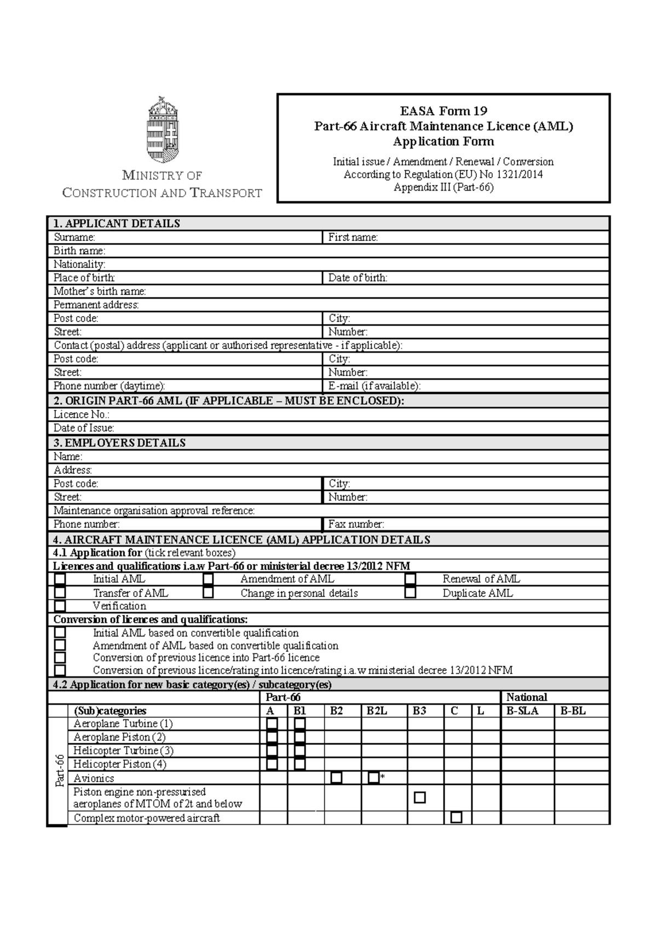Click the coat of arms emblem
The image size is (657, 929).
click(x=162, y=129)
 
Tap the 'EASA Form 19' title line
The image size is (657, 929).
click(x=443, y=111)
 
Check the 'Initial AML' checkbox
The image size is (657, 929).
click(x=60, y=579)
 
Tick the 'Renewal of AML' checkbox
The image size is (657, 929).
click(x=410, y=579)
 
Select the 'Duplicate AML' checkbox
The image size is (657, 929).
click(x=410, y=593)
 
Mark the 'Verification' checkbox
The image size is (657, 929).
click(x=60, y=606)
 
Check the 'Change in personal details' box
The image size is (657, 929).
click(x=208, y=593)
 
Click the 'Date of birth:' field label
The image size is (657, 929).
click(x=358, y=278)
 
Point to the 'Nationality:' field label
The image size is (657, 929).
click(x=79, y=264)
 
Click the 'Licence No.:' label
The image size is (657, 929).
click(x=81, y=415)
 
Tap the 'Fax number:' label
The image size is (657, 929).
click(x=356, y=524)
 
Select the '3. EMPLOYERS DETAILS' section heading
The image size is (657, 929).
click(x=119, y=443)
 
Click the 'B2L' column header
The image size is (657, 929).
click(x=377, y=711)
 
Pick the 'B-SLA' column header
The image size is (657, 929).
click(x=522, y=711)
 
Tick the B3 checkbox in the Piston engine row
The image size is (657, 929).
click(x=420, y=798)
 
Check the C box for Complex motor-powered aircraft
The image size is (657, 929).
click(x=456, y=818)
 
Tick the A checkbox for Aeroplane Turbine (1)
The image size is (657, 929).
click(x=272, y=724)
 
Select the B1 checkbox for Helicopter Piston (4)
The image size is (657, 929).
click(x=299, y=764)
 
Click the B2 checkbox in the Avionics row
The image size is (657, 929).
click(x=336, y=778)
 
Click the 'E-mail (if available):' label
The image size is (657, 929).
click(x=374, y=386)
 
